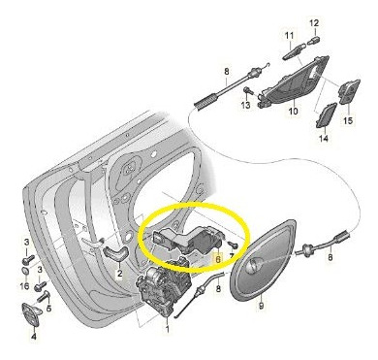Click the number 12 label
click(x=314, y=23)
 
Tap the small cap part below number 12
click(x=313, y=40)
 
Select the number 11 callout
click(x=290, y=35)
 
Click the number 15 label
click(x=348, y=121)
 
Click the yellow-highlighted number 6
click(x=218, y=259)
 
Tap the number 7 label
click(x=232, y=257)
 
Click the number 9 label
click(x=262, y=305)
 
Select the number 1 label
click(x=168, y=329)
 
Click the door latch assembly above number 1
click(x=164, y=287)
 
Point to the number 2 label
click(x=119, y=274)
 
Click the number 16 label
click(x=24, y=286)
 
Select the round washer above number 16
click(x=25, y=272)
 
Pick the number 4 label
click(x=34, y=337)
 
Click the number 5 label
click(x=48, y=309)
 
